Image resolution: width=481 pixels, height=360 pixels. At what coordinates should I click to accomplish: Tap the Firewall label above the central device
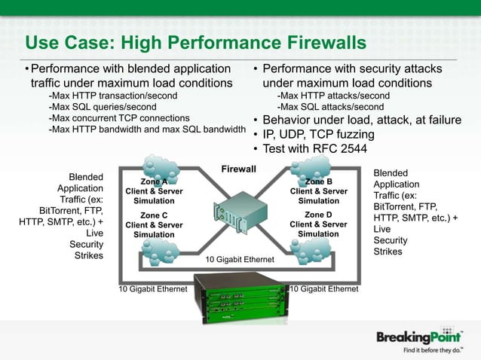pyautogui.click(x=238, y=169)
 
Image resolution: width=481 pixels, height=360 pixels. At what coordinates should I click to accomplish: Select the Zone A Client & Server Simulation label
pyautogui.click(x=154, y=191)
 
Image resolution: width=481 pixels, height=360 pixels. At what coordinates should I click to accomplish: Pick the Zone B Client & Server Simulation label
pyautogui.click(x=318, y=191)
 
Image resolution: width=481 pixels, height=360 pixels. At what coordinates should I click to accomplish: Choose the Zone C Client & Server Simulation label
pyautogui.click(x=154, y=224)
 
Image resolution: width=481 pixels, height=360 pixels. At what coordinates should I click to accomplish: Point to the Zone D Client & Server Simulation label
pyautogui.click(x=318, y=224)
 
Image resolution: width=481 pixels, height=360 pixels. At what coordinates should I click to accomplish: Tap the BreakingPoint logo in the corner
pyautogui.click(x=419, y=336)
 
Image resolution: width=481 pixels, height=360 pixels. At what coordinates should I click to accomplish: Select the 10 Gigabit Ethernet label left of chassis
pyautogui.click(x=152, y=288)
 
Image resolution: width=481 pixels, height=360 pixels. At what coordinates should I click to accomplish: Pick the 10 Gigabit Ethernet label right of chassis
pyautogui.click(x=324, y=288)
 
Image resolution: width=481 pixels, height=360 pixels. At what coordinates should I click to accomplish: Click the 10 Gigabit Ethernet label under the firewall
pyautogui.click(x=240, y=260)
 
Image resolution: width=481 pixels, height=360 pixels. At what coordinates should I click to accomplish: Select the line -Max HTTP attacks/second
pyautogui.click(x=333, y=96)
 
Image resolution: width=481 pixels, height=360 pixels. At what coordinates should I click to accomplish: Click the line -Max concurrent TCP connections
pyautogui.click(x=118, y=118)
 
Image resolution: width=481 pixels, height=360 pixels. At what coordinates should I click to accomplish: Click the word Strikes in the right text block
pyautogui.click(x=389, y=252)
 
